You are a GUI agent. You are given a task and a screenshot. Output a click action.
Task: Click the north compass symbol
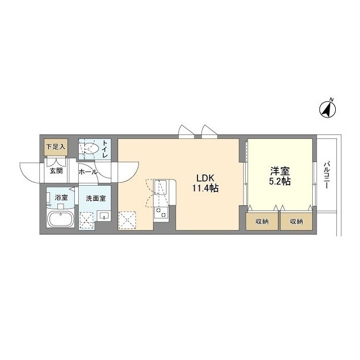327,109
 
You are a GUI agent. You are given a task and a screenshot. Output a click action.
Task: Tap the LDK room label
205,178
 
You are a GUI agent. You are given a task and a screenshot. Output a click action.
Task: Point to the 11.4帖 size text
205,188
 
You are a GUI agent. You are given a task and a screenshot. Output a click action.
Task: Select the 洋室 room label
280,171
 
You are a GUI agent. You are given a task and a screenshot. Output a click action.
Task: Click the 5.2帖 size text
280,182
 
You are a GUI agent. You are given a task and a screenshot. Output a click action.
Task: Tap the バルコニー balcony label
326,175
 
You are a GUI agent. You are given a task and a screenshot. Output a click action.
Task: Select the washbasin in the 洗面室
103,216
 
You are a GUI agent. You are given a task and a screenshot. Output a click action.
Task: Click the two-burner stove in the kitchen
160,213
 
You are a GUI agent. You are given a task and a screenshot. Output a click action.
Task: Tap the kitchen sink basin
160,187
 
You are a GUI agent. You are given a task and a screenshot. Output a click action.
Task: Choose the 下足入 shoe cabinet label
56,147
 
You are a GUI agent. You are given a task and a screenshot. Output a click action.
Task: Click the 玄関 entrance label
56,171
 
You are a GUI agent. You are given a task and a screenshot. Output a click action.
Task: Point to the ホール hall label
88,172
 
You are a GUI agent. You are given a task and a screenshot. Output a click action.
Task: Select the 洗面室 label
96,199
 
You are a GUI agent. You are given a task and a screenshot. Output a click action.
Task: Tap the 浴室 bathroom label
61,197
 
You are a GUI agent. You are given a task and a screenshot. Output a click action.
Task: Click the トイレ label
105,148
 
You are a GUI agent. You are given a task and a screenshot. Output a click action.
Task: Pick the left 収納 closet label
262,222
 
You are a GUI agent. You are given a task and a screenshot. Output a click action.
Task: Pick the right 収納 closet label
296,222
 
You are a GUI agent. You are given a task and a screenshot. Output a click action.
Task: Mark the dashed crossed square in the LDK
127,220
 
